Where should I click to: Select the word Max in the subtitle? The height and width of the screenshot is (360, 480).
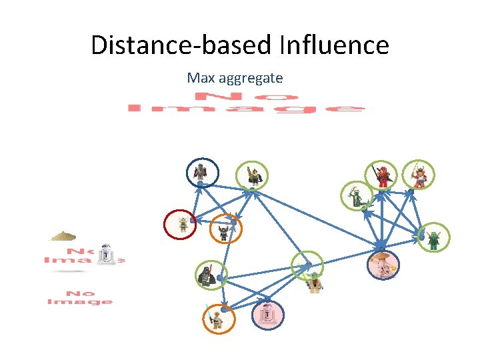201,78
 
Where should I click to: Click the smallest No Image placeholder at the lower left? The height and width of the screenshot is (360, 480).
79,297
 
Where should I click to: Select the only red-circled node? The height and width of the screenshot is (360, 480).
181,224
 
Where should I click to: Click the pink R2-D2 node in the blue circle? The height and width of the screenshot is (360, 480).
267,314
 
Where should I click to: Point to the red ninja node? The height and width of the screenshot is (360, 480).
383,176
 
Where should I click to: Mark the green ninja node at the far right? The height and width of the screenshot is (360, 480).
434,237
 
